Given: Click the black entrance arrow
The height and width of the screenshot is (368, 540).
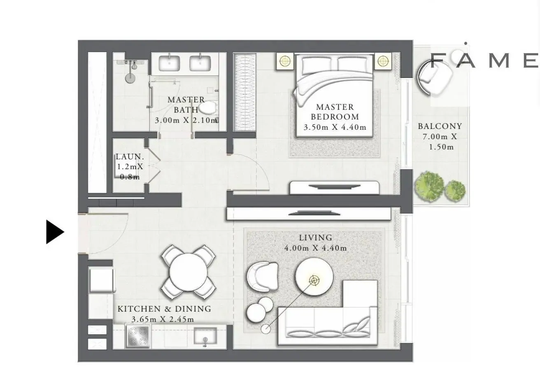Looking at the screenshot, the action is tap(55, 232).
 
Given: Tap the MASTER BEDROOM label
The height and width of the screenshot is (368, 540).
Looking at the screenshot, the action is tap(335, 112).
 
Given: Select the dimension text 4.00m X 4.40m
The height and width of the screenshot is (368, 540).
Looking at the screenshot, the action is tap(316, 248).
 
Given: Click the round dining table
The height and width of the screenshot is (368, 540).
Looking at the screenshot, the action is tap(188, 272).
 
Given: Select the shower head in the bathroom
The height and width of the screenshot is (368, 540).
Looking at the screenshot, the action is tap(130, 78).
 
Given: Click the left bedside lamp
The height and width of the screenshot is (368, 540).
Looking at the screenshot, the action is tap(285, 61).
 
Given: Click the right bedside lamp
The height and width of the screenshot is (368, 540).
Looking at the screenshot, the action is tap(383, 61).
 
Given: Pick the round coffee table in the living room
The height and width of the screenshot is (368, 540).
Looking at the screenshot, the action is tap(314, 277).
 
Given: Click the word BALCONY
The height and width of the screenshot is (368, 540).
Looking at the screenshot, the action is tap(440, 126).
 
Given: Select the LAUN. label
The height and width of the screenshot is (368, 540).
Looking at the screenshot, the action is tap(130, 157).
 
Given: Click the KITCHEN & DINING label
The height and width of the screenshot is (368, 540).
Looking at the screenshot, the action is tap(164, 309).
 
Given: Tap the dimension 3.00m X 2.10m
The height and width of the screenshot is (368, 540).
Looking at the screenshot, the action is tap(186, 120).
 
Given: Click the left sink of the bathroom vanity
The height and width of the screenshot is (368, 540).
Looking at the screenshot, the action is tap(169, 63).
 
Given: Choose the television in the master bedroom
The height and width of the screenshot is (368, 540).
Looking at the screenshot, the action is tap(334, 186).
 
